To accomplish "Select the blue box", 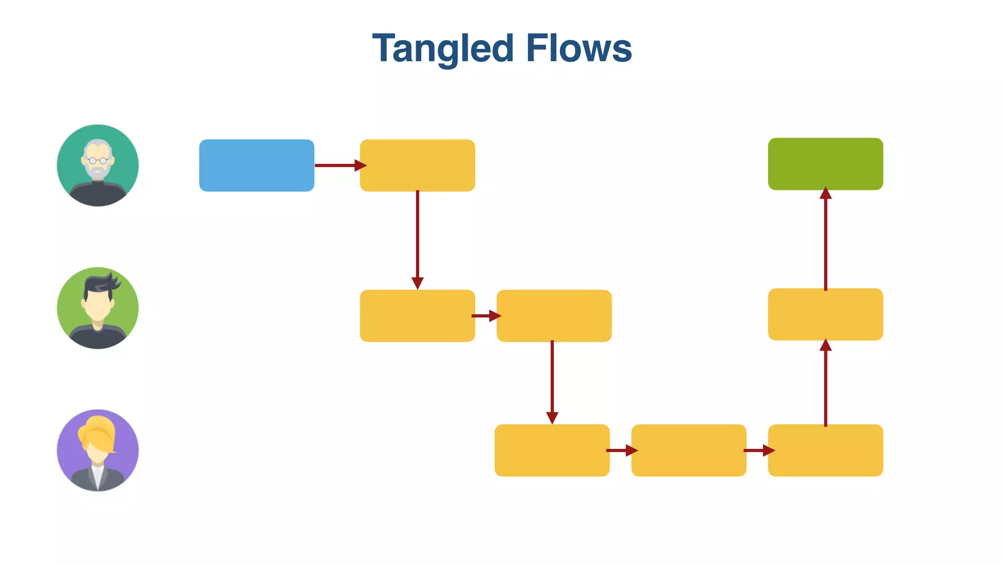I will click(256, 165).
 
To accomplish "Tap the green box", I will click(825, 164).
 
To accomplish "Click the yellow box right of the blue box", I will click(417, 165).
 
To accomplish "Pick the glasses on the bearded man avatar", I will click(98, 160).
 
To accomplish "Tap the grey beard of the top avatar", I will click(98, 172).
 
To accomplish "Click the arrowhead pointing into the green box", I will click(826, 193).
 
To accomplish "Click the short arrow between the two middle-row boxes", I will click(485, 316).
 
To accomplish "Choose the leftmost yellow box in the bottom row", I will click(552, 450).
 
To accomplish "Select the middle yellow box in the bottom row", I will click(688, 450).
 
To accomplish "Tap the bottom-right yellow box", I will click(825, 450).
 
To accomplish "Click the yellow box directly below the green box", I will click(825, 314).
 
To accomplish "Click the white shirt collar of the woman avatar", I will click(98, 473).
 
